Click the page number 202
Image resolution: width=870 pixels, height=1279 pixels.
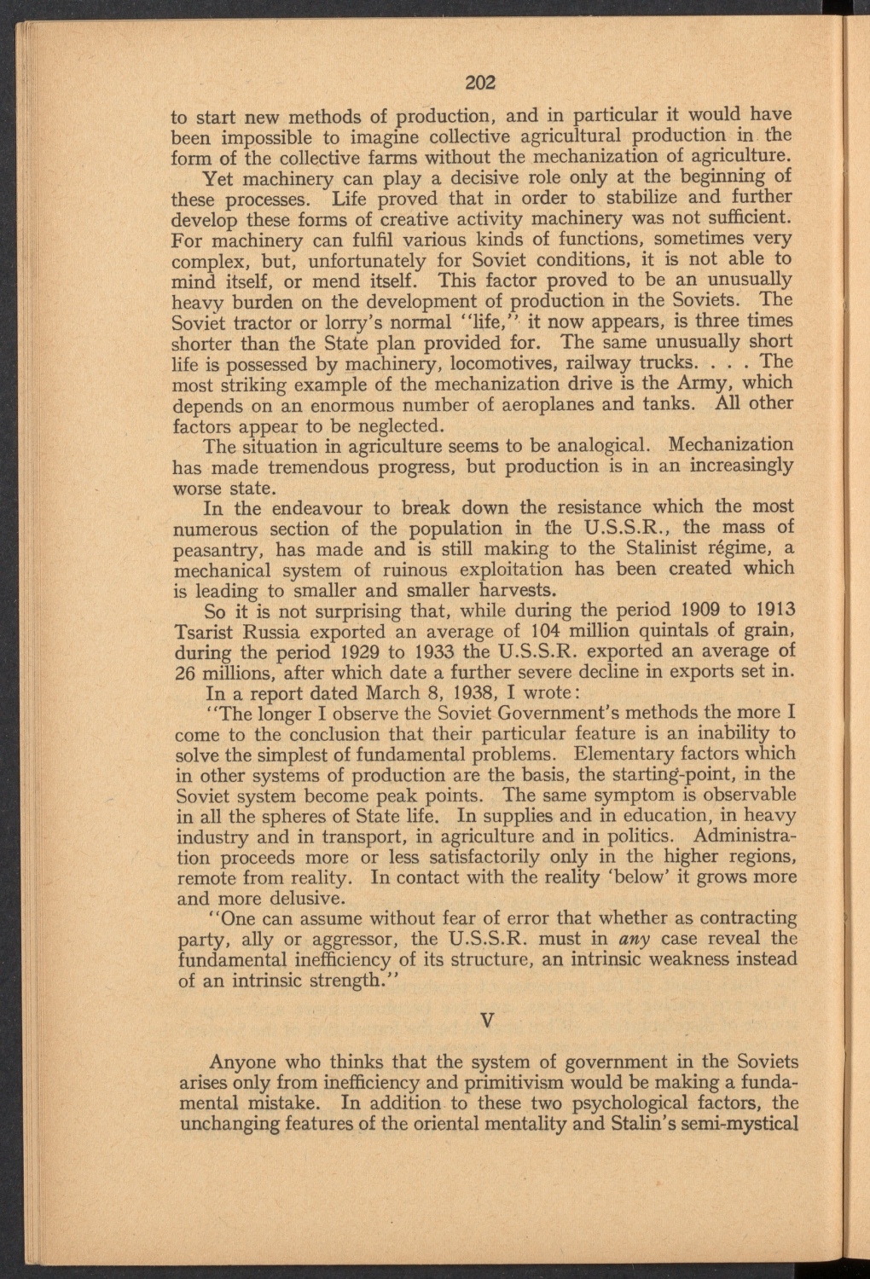tap(481, 83)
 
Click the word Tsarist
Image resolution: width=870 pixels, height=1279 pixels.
tap(203, 632)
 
